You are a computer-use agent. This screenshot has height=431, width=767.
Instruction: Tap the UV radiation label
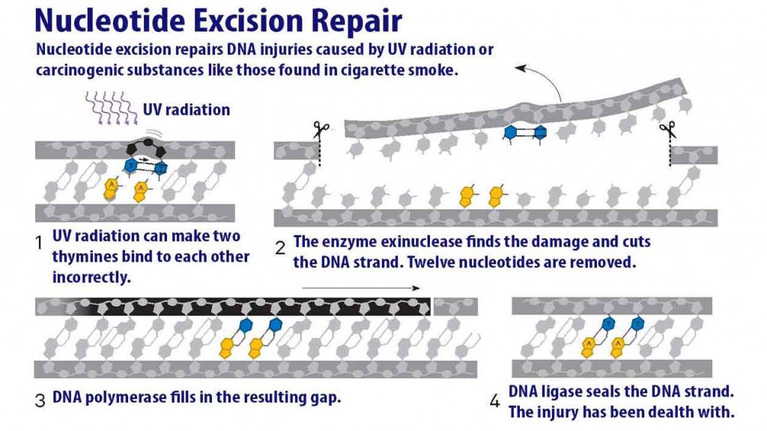(187, 110)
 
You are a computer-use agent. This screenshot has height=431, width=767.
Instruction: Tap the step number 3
(40, 398)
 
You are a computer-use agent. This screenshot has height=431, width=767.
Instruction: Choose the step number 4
(494, 402)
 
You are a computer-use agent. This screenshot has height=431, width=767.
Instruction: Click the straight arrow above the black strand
(360, 287)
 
